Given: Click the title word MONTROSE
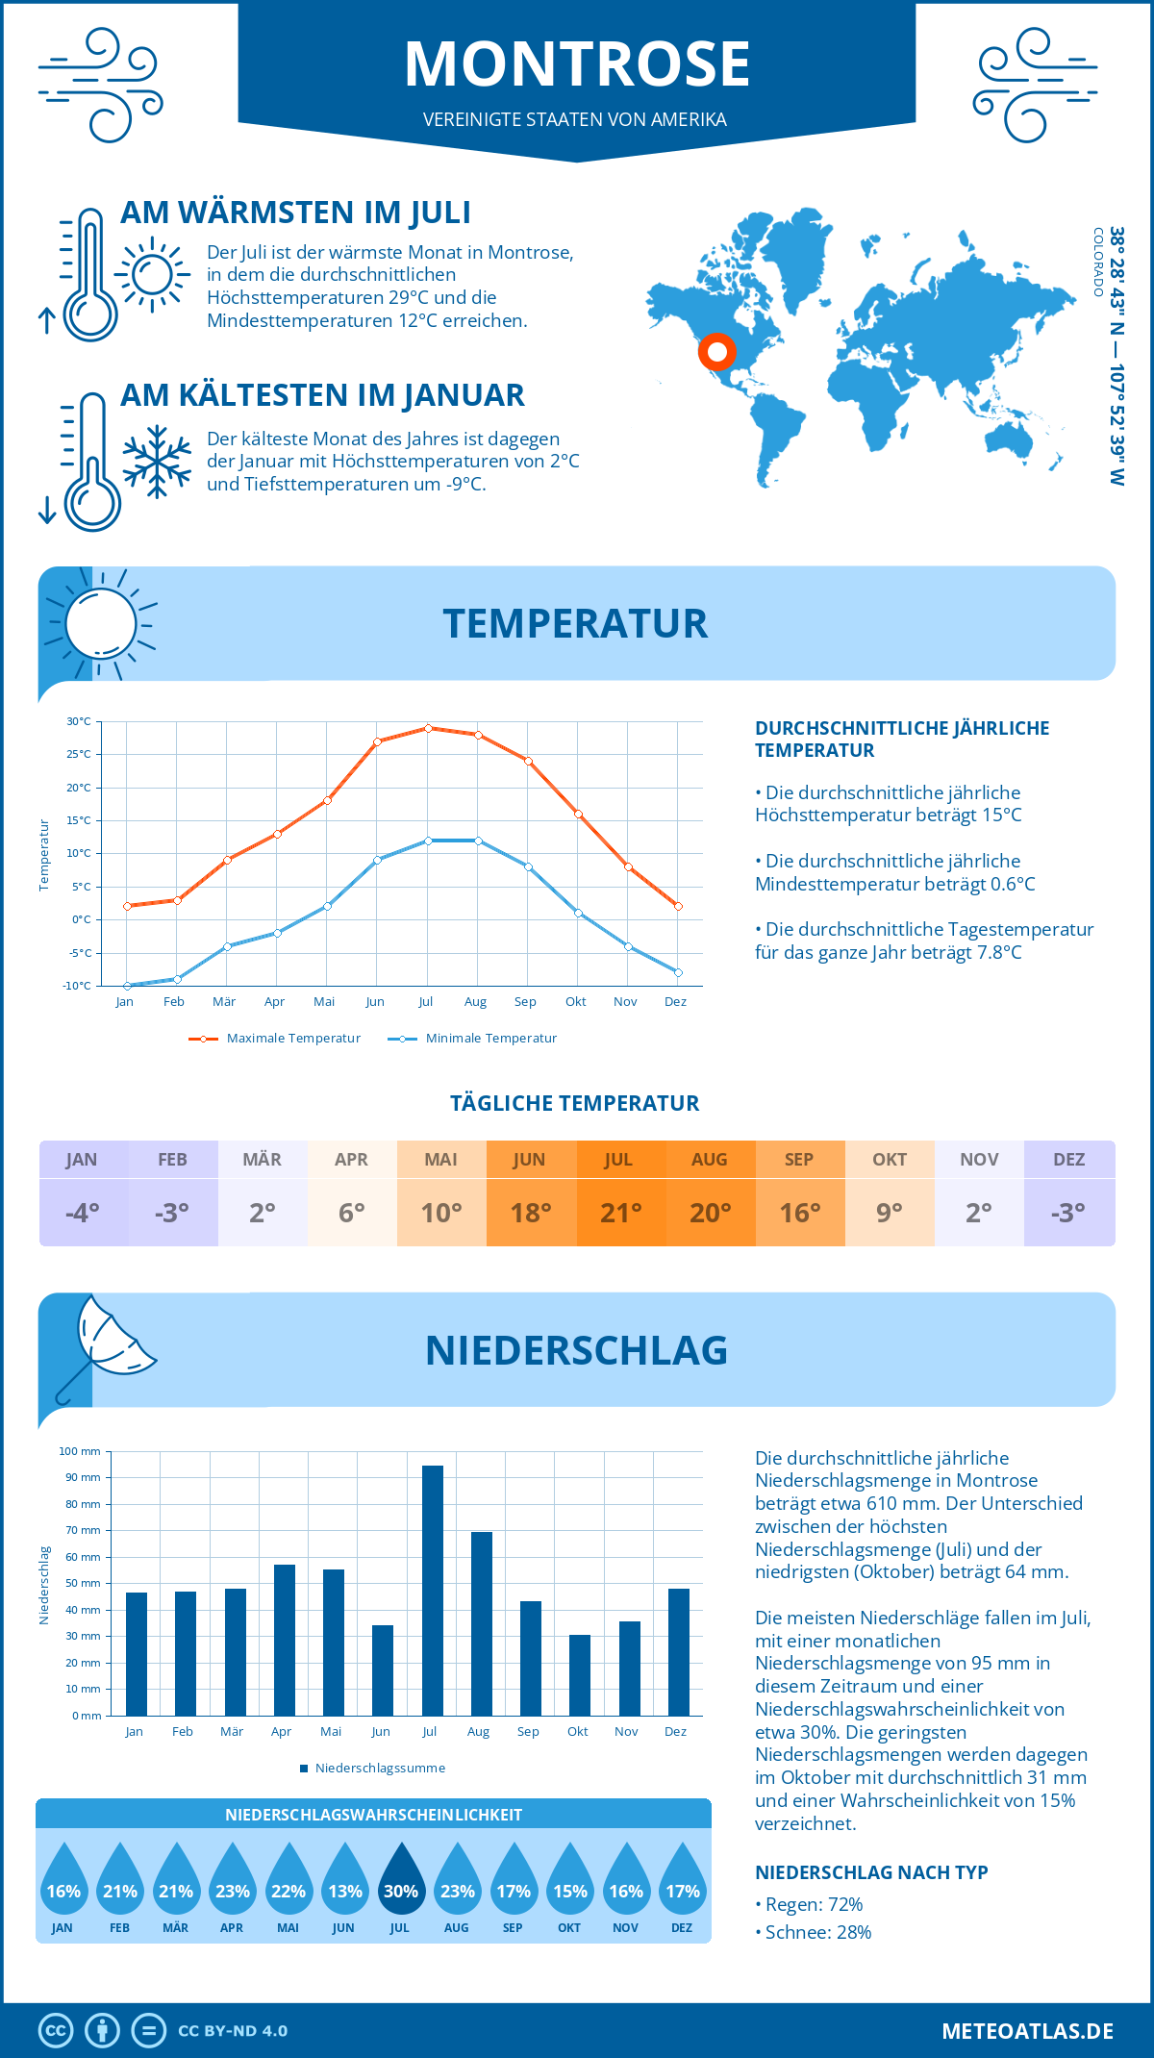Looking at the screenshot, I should (577, 64).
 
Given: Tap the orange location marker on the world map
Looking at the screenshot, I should (716, 352).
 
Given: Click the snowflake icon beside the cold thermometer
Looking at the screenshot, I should (157, 462).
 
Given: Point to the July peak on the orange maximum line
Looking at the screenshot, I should (428, 728).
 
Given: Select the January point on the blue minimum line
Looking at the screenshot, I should (127, 986).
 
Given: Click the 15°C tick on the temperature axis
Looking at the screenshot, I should (79, 820).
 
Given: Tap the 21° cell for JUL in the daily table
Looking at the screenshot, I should (620, 1213).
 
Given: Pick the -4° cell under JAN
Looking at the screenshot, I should (83, 1213).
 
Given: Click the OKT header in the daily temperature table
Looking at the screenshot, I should (890, 1160).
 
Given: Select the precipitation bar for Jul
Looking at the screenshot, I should (432, 1591).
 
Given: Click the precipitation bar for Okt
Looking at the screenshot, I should (579, 1675).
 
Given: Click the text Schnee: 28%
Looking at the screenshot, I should (817, 1932).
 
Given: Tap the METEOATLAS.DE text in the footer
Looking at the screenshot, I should (1027, 2031).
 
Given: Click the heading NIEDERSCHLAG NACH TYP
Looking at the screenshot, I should (871, 1872).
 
